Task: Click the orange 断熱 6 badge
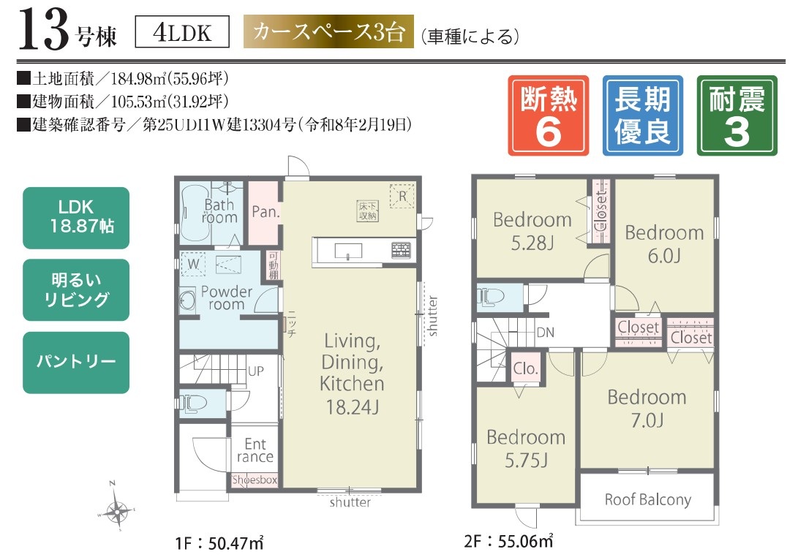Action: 548,115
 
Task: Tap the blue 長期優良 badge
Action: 643,115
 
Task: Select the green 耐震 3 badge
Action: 737,115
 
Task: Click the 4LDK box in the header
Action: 183,34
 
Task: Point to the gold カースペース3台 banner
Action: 328,34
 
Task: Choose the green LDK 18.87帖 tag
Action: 76,217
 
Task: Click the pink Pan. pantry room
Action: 263,212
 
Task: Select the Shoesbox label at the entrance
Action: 255,480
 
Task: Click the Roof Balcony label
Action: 647,500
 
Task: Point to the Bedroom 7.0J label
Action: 647,408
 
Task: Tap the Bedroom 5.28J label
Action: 532,230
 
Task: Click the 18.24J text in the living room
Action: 352,408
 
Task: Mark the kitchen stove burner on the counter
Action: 402,250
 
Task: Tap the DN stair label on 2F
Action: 545,332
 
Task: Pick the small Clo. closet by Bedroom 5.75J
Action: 525,369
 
